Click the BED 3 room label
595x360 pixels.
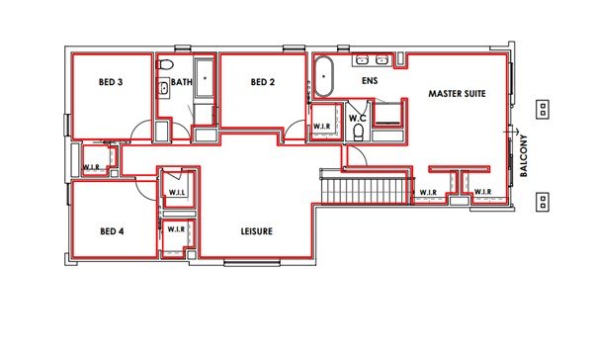[111, 82]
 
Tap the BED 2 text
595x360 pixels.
[261, 82]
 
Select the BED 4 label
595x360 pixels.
[111, 231]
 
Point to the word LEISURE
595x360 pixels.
[257, 231]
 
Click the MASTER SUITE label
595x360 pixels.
[458, 93]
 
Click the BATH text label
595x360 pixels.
[181, 82]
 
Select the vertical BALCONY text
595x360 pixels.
[524, 155]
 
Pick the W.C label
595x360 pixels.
[358, 118]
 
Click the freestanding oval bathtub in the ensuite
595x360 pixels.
[324, 77]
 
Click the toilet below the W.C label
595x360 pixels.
[358, 134]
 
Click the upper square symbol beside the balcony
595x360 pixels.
[543, 107]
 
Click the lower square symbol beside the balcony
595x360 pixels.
[543, 202]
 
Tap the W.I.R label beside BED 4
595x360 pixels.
[176, 229]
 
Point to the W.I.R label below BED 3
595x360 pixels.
[95, 166]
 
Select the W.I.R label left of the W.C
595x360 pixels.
[322, 127]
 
